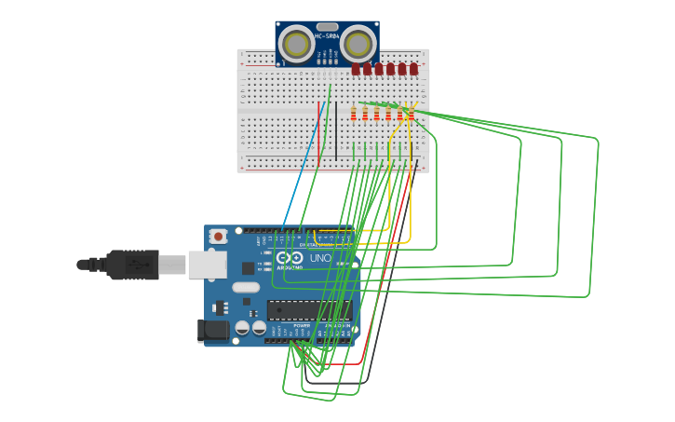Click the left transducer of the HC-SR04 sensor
pyautogui.click(x=297, y=44)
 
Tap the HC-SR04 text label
pyautogui.click(x=327, y=36)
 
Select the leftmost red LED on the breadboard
pyautogui.click(x=356, y=69)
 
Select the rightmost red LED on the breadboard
pyautogui.click(x=413, y=69)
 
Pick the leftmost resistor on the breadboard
pyautogui.click(x=354, y=114)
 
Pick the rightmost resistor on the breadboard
pyautogui.click(x=412, y=114)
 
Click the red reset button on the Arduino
pyautogui.click(x=218, y=237)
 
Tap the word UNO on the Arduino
pyautogui.click(x=320, y=257)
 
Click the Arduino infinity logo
pyautogui.click(x=290, y=257)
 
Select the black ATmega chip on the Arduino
pyautogui.click(x=308, y=309)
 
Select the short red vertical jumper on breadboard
pyautogui.click(x=320, y=135)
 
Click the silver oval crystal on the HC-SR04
pyautogui.click(x=327, y=27)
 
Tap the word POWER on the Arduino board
pyautogui.click(x=301, y=325)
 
